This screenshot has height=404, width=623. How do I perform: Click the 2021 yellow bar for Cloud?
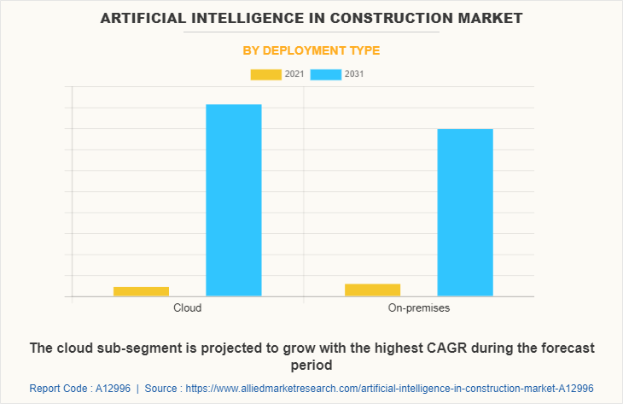[141, 291]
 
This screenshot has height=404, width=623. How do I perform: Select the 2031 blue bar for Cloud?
[234, 200]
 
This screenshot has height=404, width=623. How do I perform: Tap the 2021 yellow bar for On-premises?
[372, 290]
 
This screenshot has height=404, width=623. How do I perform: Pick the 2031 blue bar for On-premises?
[465, 212]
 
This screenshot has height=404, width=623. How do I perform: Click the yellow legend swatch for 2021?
[265, 74]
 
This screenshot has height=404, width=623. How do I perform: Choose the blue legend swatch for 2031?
[326, 74]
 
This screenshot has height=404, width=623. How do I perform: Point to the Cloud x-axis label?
[187, 307]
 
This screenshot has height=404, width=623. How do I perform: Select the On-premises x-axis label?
[418, 307]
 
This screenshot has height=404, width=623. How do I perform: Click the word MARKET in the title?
[492, 17]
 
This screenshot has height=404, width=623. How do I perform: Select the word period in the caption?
[311, 366]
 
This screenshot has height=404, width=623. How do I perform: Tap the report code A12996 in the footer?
[108, 388]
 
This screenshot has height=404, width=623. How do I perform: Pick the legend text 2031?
[354, 74]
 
